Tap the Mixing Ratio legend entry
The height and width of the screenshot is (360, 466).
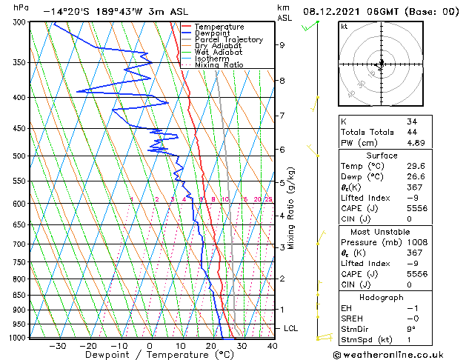click(x=219, y=65)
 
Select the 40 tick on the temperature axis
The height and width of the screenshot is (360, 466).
click(x=272, y=346)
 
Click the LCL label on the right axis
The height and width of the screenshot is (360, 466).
click(x=291, y=328)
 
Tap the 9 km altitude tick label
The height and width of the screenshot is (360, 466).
click(x=282, y=45)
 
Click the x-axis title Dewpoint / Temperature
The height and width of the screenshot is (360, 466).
click(x=150, y=355)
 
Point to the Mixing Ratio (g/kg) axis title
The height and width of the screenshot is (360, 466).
click(x=291, y=208)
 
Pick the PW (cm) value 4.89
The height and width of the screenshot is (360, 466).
click(x=415, y=142)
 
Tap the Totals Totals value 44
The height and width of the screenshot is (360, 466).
click(x=411, y=132)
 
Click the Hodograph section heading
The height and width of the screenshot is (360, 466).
click(x=381, y=297)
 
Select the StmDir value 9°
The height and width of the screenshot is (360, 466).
click(x=410, y=330)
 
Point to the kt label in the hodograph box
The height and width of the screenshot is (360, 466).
click(x=344, y=27)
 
